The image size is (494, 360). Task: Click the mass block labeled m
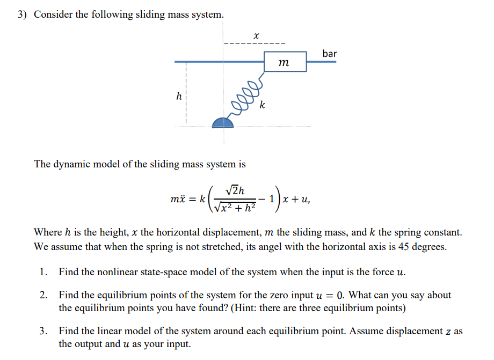285,62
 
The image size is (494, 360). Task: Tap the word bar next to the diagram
330,54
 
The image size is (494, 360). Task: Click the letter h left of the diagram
179,97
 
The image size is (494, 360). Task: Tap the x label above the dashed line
256,35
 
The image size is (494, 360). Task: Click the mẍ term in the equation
179,199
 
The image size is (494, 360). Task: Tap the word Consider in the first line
53,14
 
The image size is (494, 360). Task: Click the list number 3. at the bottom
43,330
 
